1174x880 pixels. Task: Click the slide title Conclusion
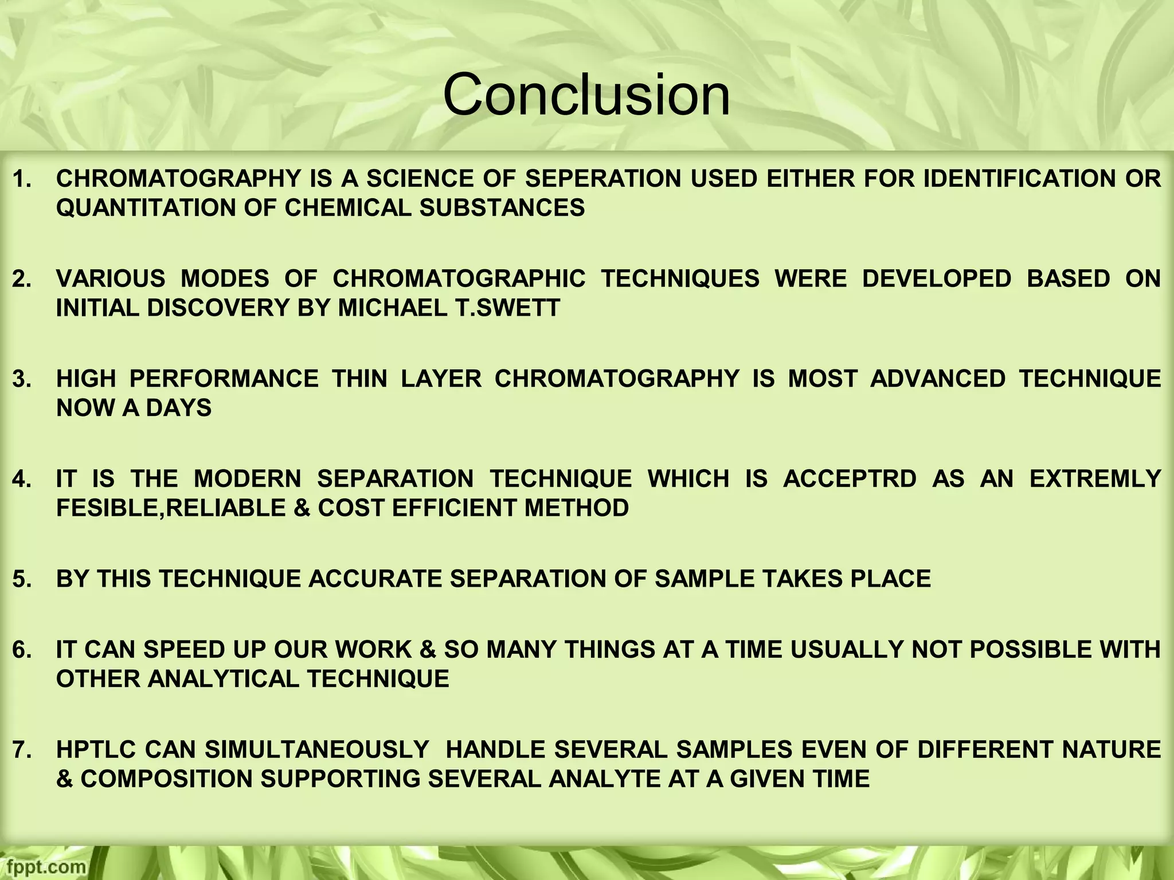[586, 95]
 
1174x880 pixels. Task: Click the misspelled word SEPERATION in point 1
[602, 179]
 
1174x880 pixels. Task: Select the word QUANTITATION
[143, 207]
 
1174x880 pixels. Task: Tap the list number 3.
[22, 379]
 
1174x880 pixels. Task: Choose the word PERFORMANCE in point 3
[224, 379]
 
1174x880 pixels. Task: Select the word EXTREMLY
[1095, 479]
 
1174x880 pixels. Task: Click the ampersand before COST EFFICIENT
[302, 508]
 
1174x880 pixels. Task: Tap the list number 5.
[22, 579]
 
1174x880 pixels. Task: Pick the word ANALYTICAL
[224, 679]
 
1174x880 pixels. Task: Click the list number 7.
[22, 750]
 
